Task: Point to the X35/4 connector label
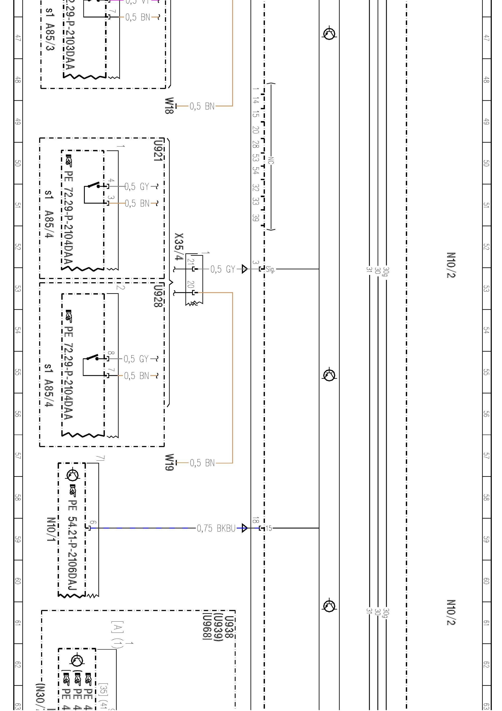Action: tap(179, 247)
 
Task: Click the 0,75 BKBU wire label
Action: tap(216, 528)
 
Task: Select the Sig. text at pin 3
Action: tap(270, 269)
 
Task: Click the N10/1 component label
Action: tap(51, 529)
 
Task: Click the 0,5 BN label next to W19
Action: tap(202, 463)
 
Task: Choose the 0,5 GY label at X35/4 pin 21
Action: tap(223, 269)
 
